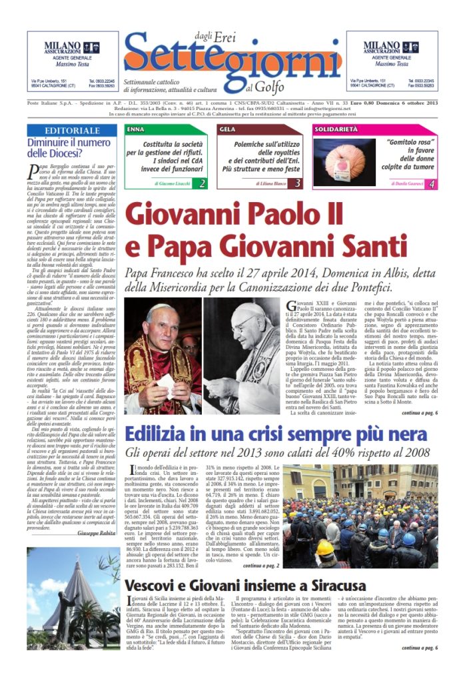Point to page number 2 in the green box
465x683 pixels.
click(x=201, y=183)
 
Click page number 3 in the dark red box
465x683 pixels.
click(x=298, y=183)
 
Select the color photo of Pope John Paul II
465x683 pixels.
click(x=163, y=355)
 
